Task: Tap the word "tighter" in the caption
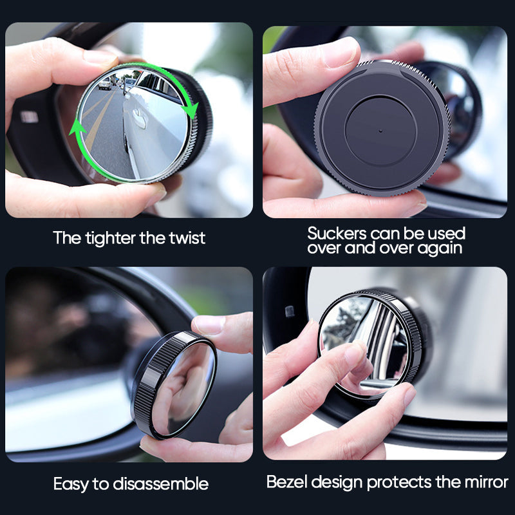click(113, 238)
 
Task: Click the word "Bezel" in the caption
click(286, 482)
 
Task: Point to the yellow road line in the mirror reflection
click(97, 126)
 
